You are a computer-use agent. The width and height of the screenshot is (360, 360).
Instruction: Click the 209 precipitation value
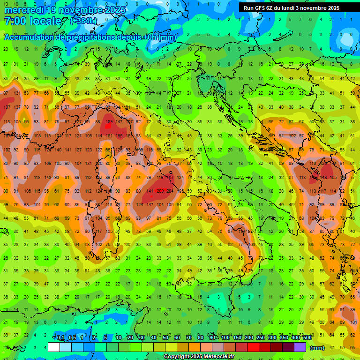pos(160,191)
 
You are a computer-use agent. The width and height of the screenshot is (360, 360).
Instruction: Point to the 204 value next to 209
pos(170,191)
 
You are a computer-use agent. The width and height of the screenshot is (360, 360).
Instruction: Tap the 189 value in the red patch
pos(109,122)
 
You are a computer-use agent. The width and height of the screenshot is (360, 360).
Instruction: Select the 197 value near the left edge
pos(7,107)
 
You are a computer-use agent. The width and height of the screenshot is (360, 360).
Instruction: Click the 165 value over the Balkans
pos(333,178)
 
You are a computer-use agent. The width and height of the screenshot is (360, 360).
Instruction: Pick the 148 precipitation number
pos(323,178)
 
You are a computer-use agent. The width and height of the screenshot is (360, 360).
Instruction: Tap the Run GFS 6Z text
pos(260,8)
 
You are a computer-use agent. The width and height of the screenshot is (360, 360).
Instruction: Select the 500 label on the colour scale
pos(307,338)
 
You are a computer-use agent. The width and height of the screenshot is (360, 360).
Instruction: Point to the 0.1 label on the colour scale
pos(60,338)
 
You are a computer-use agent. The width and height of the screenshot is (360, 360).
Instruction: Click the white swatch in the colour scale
pos(53,347)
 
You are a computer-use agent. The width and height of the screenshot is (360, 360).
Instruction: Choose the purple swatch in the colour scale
pos(300,347)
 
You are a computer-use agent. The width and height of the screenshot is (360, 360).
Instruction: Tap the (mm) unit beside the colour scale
pos(317,348)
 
